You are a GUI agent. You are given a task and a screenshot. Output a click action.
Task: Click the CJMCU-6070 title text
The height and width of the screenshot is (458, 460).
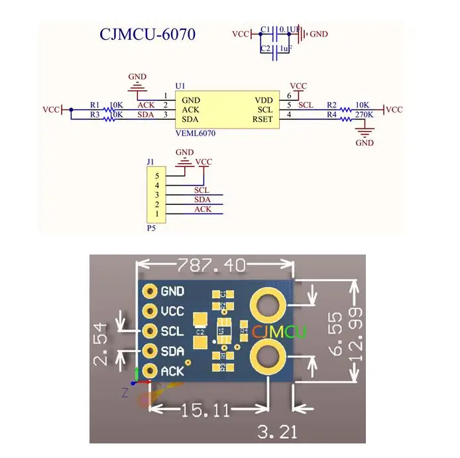[x=147, y=34]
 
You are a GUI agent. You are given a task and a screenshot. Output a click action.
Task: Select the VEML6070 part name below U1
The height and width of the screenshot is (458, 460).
[x=196, y=133]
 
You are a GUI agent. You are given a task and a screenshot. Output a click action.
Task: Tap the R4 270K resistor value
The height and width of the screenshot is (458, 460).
[x=365, y=115]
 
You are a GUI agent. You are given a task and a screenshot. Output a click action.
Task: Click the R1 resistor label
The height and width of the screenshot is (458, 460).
[x=95, y=105]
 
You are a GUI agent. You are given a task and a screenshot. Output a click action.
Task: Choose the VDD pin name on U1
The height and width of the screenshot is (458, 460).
[x=264, y=100]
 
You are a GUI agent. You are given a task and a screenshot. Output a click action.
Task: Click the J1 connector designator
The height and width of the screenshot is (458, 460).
[x=150, y=162]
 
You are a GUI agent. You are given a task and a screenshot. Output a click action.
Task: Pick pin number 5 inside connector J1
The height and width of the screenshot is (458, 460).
[x=156, y=176]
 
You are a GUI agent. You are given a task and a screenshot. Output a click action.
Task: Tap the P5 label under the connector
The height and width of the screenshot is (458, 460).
[x=150, y=227]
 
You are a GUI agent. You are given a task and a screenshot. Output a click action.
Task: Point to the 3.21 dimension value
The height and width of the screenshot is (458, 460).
[x=278, y=432]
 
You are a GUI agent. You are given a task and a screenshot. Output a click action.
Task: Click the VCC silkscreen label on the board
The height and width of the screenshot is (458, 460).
[x=172, y=311]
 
